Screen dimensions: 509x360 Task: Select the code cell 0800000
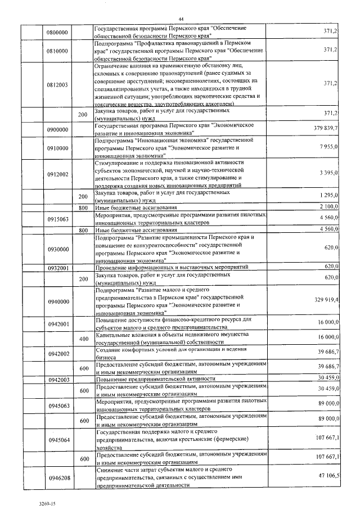[57, 33]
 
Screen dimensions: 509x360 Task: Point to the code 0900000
[57, 129]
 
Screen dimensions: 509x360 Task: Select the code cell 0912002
[57, 174]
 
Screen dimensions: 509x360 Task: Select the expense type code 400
[84, 339]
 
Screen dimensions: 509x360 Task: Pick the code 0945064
[57, 439]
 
